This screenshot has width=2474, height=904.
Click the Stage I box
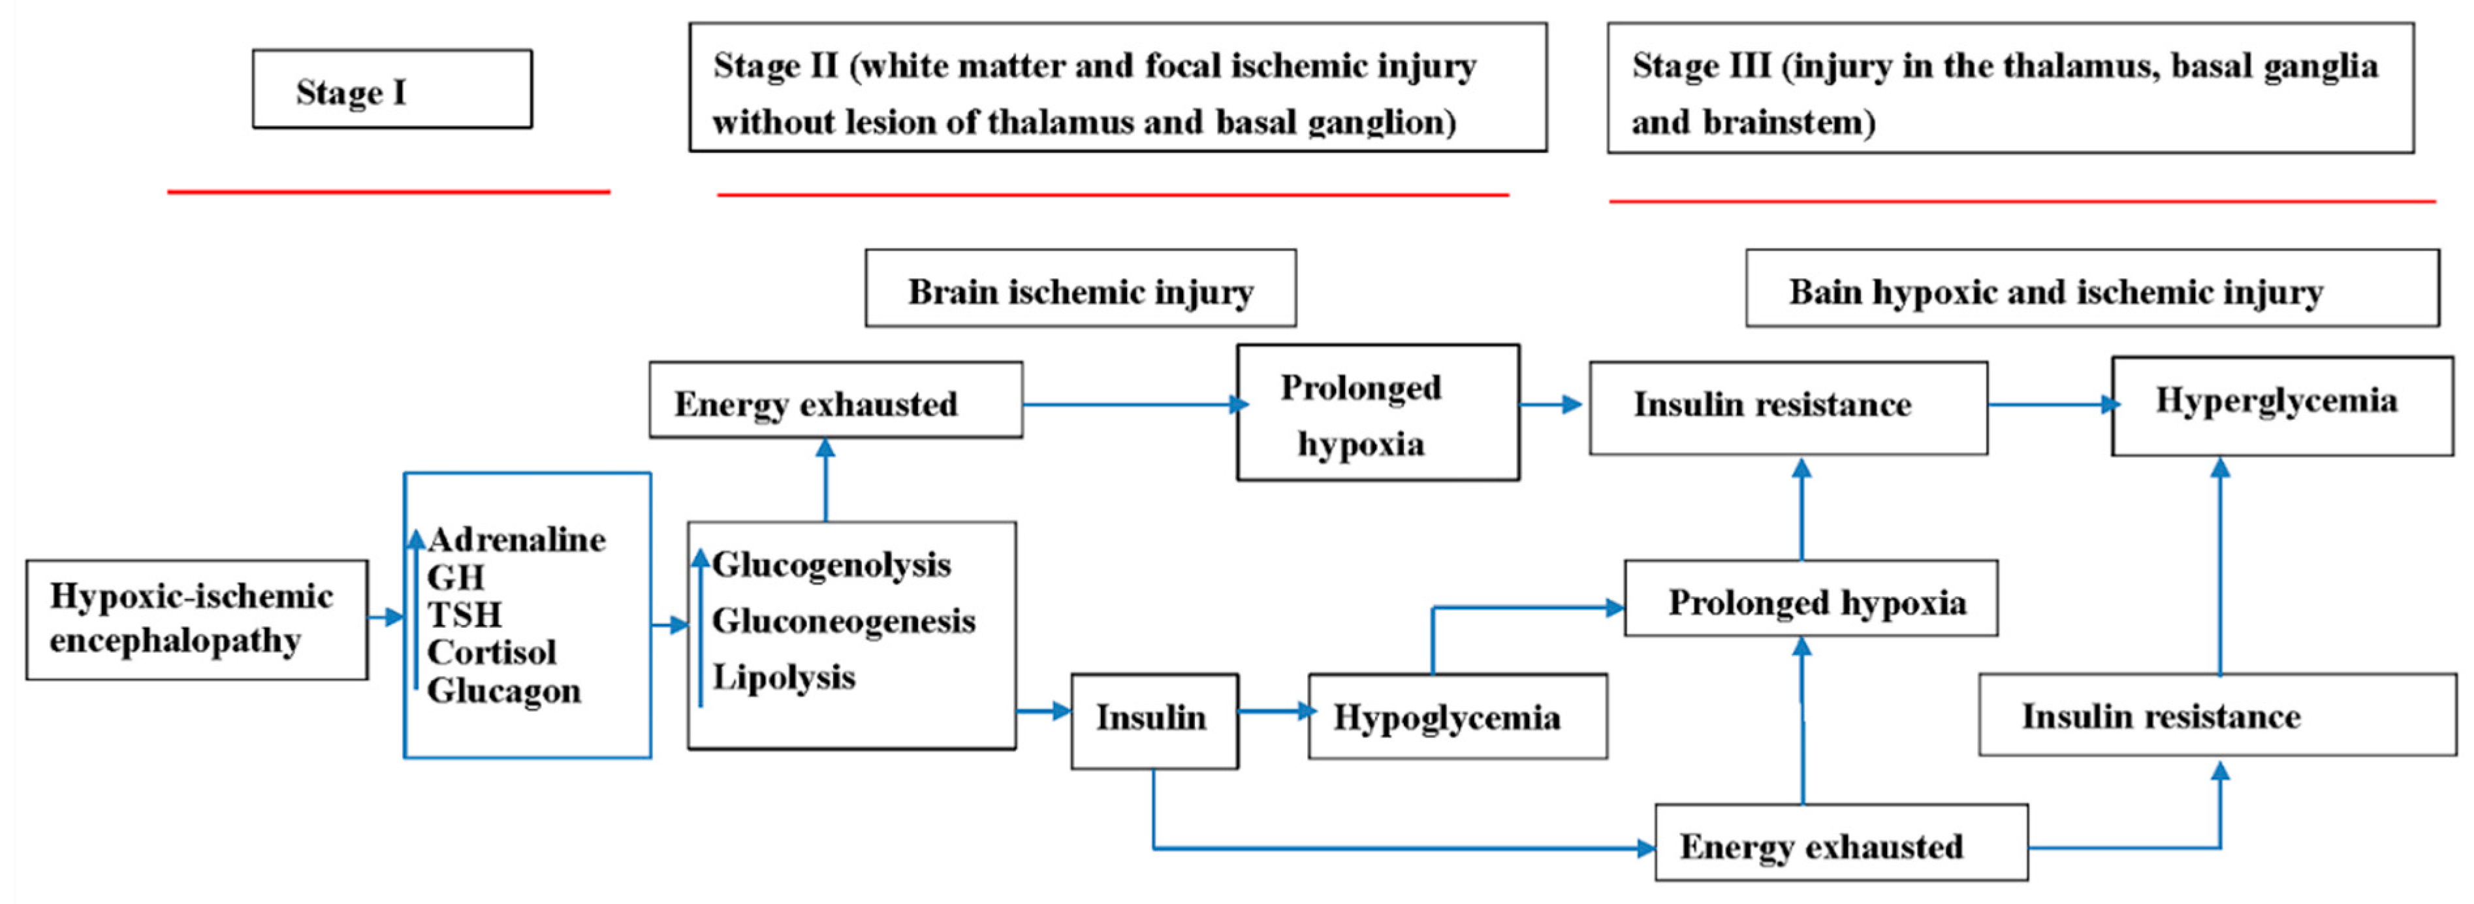(x=392, y=89)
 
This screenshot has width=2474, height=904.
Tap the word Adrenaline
(x=516, y=540)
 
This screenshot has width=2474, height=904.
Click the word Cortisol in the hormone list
(x=492, y=653)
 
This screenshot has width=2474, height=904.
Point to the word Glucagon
(x=504, y=690)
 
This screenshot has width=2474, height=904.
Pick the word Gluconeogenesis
(x=843, y=622)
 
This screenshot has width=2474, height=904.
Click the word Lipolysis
(x=784, y=677)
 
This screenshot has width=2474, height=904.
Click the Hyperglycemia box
(x=2281, y=404)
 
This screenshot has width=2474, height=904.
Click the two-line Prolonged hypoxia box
(x=1377, y=413)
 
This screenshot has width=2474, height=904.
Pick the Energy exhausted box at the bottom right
(x=1840, y=843)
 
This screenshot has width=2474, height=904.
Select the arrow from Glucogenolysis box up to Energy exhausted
(x=825, y=480)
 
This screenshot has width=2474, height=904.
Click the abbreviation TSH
(x=465, y=615)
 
